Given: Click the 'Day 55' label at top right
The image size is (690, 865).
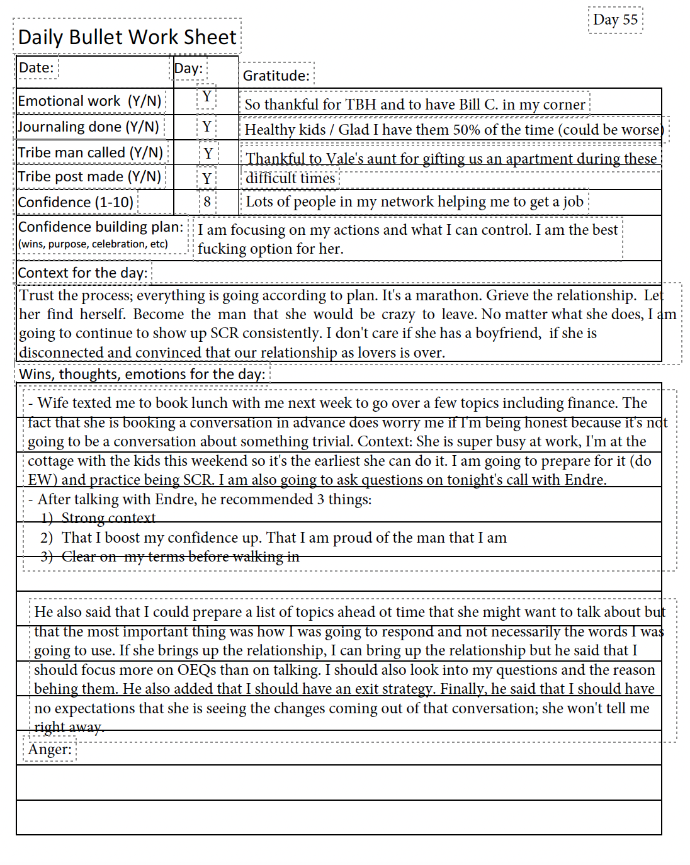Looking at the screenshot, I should tap(615, 20).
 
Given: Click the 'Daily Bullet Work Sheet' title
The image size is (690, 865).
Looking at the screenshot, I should tap(127, 37).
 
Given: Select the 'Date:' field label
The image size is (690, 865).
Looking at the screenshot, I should tap(37, 68).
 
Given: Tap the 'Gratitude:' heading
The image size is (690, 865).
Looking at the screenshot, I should tap(276, 76).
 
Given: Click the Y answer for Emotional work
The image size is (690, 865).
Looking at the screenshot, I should tap(206, 98).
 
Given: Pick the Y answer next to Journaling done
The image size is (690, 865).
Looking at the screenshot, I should tap(206, 127).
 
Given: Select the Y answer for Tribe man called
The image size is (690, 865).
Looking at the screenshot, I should tap(208, 154).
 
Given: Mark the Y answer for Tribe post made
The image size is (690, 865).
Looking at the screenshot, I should tap(207, 179).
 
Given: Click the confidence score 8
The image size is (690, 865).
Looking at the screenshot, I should tap(207, 202).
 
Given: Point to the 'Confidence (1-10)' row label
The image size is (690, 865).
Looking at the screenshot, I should tap(76, 203).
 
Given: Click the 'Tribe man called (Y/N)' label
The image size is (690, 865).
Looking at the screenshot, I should tap(91, 153).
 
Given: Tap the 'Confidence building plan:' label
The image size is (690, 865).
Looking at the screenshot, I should tap(101, 227).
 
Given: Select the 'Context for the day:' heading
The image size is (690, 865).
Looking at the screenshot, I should tap(82, 273).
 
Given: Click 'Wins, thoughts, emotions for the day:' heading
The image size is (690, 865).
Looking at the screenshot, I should tap(142, 375).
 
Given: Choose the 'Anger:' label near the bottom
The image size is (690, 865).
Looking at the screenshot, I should tap(50, 750).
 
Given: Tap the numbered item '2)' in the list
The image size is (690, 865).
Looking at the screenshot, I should tap(47, 538).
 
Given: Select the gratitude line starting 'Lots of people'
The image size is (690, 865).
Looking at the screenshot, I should tap(414, 202).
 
